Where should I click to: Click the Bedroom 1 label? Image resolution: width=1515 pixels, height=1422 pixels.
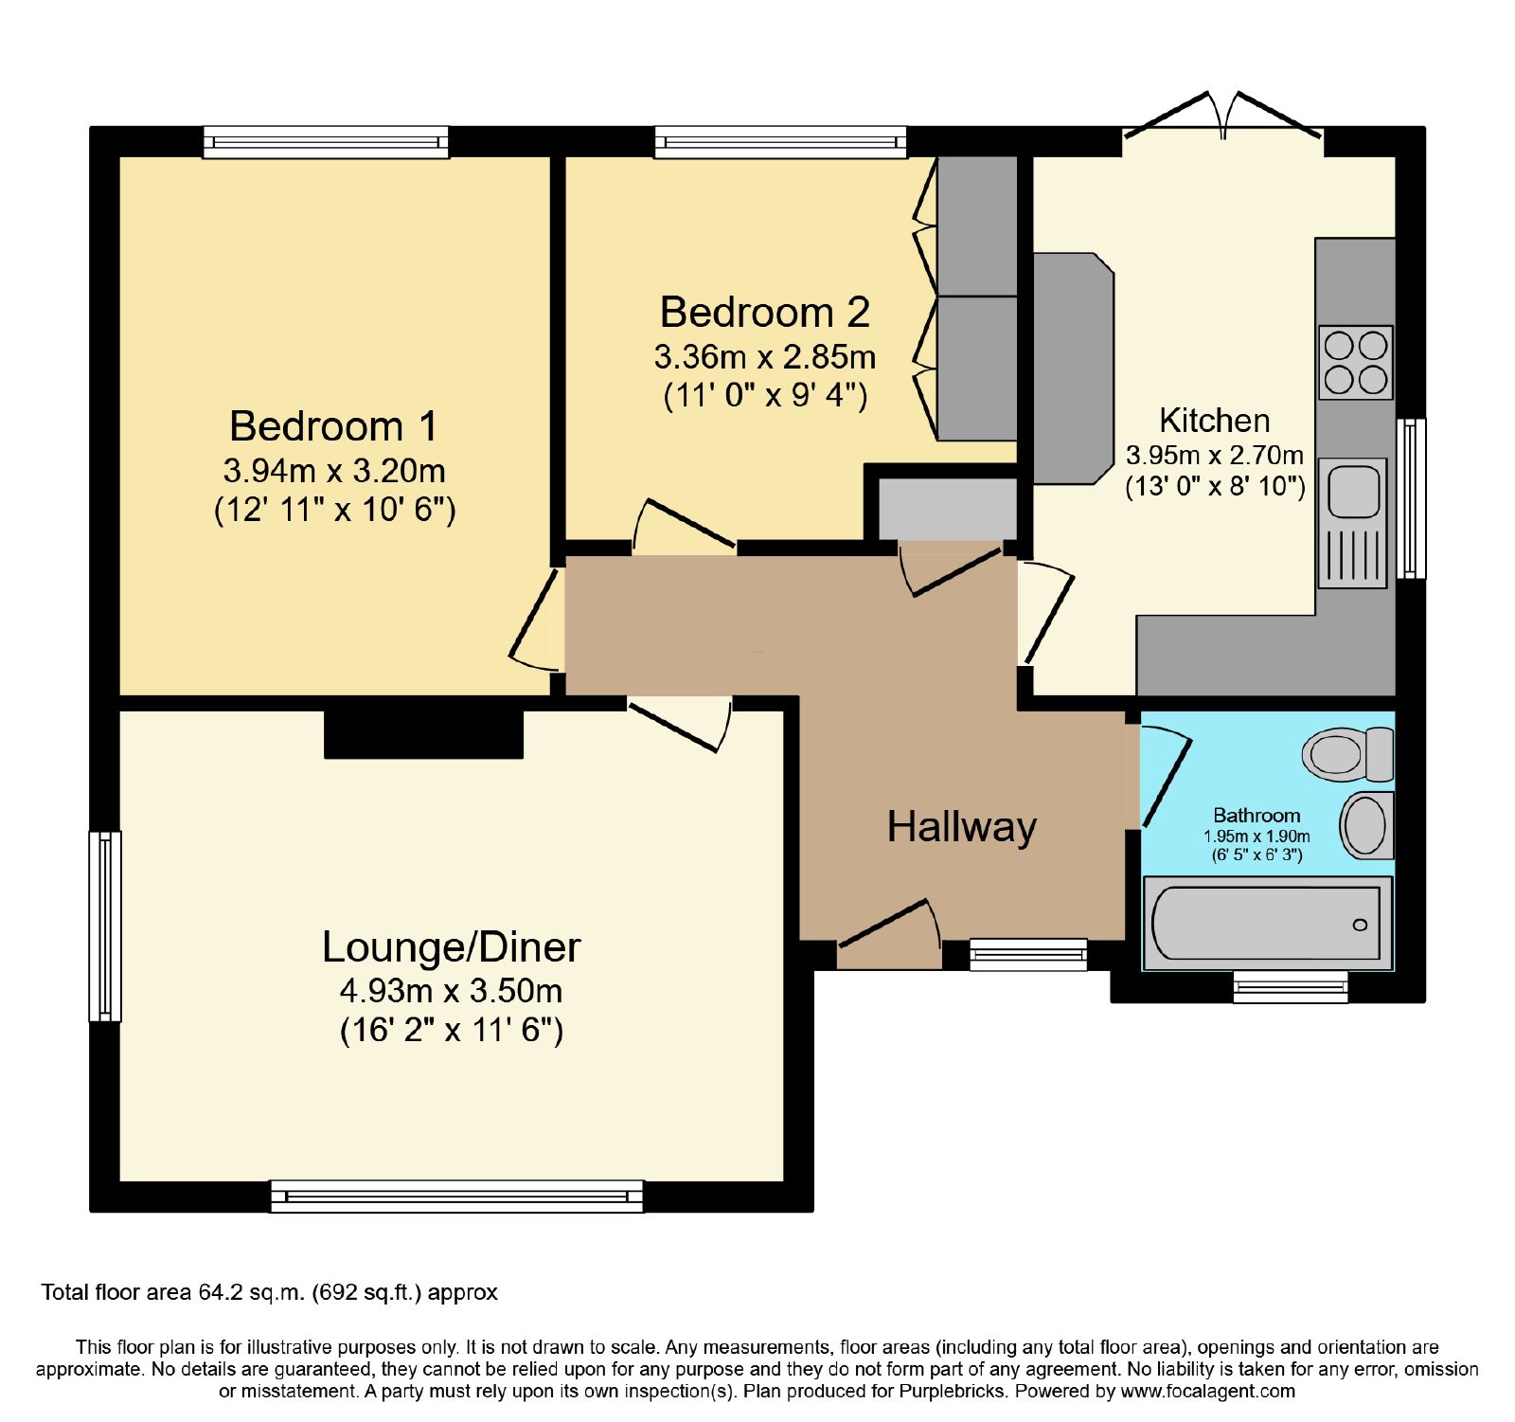pos(333,426)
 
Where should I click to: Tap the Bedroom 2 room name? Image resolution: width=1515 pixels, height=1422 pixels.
pos(764,313)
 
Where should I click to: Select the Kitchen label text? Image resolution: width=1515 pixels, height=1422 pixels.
pos(1214,420)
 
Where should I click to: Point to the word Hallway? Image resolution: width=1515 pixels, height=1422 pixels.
pos(962,827)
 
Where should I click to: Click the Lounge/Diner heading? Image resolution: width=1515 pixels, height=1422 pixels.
pos(451,947)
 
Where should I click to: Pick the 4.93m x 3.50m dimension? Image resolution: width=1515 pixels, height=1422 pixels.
pos(451,991)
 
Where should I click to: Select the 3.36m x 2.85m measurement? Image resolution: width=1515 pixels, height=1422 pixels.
pos(764,357)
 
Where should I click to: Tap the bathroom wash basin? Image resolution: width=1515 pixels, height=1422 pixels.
pos(1366,825)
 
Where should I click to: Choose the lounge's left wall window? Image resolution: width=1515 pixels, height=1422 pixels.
pos(105,927)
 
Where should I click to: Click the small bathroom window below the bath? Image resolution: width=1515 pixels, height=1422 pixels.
pos(1290,986)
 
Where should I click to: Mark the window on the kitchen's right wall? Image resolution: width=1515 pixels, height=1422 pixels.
pos(1411,498)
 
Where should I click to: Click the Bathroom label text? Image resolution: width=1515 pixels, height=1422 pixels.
pos(1257,816)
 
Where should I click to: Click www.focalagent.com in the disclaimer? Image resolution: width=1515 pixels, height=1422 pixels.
pos(1207,1392)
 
